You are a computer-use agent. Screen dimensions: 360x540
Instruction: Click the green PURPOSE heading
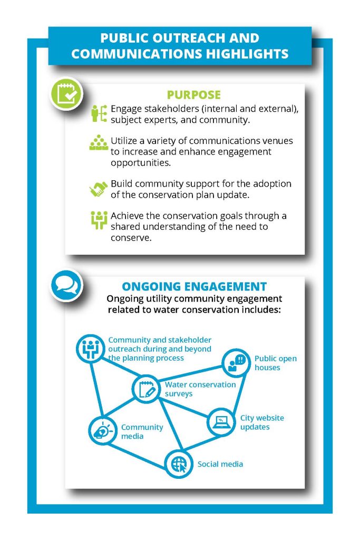coord(194,95)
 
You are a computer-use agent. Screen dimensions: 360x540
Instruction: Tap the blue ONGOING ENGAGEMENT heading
coord(194,286)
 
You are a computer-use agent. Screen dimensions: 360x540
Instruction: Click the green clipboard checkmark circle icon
coord(66,94)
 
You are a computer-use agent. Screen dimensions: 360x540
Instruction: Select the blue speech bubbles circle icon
coord(66,285)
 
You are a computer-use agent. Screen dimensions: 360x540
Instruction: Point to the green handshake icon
coord(99,189)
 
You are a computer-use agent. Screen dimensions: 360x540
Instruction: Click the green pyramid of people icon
coord(99,142)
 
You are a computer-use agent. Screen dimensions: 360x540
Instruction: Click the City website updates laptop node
coord(221,422)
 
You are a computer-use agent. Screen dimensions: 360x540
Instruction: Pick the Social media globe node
coord(179,464)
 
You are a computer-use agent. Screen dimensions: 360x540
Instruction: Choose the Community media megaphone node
coord(103,430)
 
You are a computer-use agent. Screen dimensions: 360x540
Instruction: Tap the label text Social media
coord(220,464)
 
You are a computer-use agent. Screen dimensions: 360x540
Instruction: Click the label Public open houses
coord(275,363)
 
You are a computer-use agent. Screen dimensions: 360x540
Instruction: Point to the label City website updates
coord(262,422)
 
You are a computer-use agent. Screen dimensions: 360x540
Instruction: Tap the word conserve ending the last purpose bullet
coord(131,238)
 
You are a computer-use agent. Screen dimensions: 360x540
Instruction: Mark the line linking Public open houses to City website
coord(238,392)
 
